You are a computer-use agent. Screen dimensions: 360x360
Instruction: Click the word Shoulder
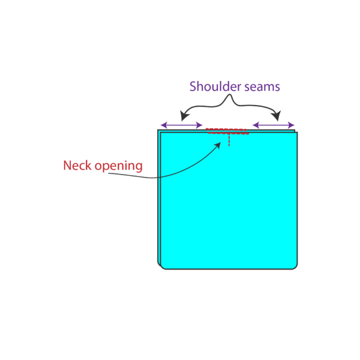(x=214, y=86)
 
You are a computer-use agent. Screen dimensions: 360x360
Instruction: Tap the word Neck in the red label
(x=77, y=165)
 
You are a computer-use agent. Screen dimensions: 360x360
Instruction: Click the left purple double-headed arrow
(x=181, y=125)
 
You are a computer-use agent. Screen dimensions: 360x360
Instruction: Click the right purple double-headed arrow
(x=274, y=125)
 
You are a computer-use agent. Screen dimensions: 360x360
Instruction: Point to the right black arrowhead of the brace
(x=277, y=116)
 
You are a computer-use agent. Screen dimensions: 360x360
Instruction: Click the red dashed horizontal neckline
(x=227, y=131)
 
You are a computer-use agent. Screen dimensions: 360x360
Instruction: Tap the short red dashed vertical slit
(x=229, y=140)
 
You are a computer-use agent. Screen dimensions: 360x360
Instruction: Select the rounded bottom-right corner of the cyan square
(x=294, y=266)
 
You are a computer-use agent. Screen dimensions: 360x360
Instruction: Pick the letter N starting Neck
(x=67, y=165)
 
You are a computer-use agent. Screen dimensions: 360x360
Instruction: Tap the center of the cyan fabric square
(x=228, y=200)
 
